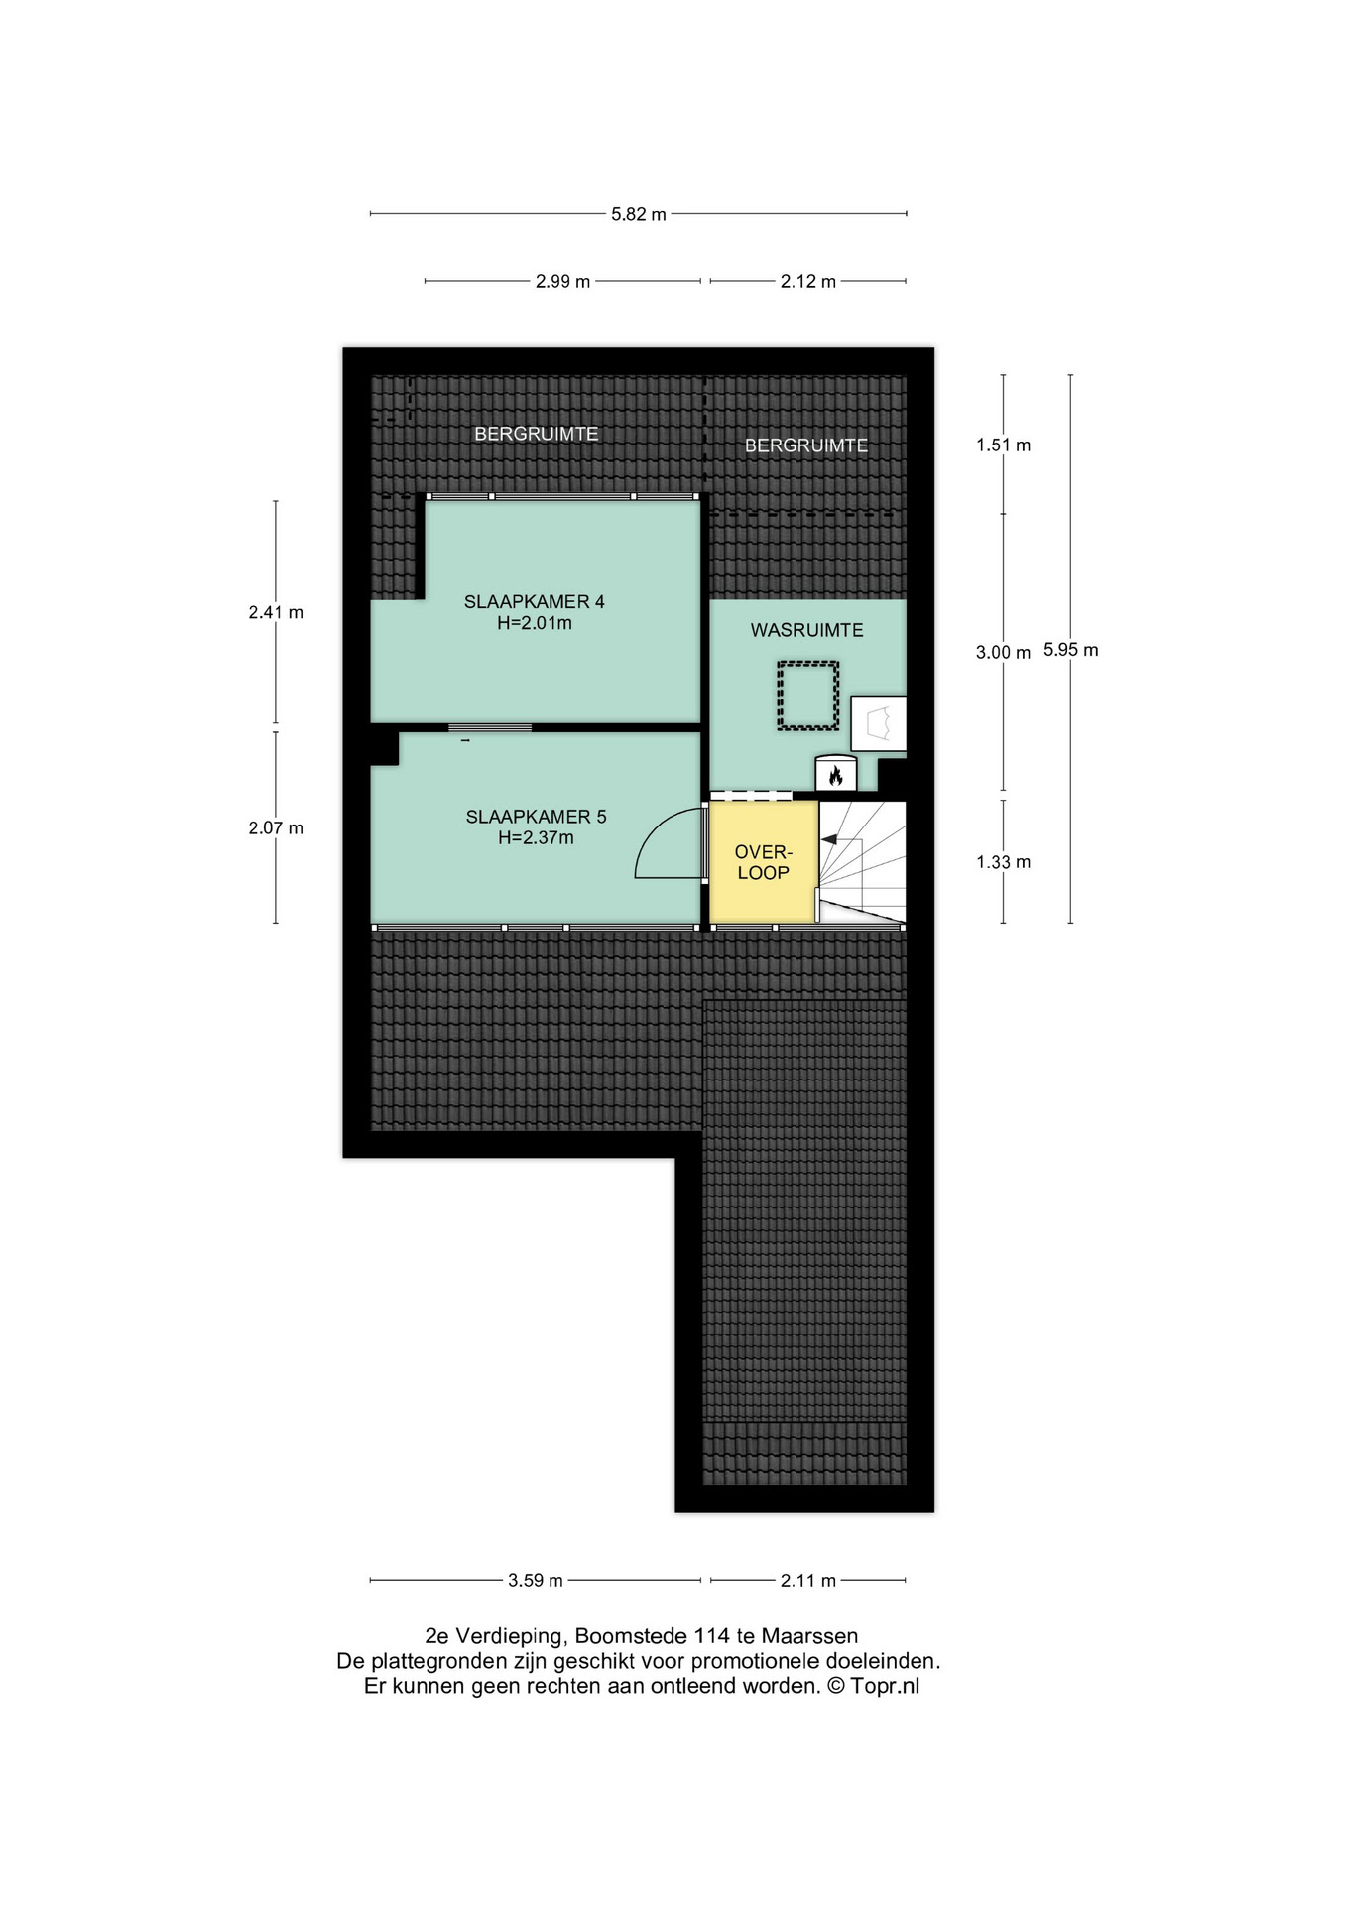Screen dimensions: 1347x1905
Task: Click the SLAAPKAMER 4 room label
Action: click(534, 601)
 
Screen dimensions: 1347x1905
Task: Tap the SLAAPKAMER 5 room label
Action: click(536, 817)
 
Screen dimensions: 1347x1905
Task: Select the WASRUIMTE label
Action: click(806, 630)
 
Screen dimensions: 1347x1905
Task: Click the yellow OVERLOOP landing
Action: click(763, 861)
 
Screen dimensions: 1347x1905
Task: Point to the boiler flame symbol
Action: click(835, 776)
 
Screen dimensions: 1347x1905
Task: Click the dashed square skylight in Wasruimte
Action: click(808, 697)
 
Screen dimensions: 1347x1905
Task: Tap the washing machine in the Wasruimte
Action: click(878, 723)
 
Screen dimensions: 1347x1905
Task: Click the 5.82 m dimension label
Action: click(639, 214)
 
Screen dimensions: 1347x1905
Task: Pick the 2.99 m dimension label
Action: click(562, 282)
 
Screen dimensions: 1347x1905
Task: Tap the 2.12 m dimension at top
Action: click(807, 282)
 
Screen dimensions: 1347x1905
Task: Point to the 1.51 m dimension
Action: click(1003, 445)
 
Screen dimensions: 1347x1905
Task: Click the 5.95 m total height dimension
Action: click(1071, 651)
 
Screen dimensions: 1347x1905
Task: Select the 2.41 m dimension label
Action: click(276, 613)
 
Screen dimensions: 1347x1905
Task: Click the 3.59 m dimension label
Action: click(536, 1581)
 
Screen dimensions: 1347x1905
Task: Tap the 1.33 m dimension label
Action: click(1003, 862)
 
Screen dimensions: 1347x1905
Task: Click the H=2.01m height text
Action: click(535, 623)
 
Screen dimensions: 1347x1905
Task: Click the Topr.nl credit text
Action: click(885, 1686)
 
